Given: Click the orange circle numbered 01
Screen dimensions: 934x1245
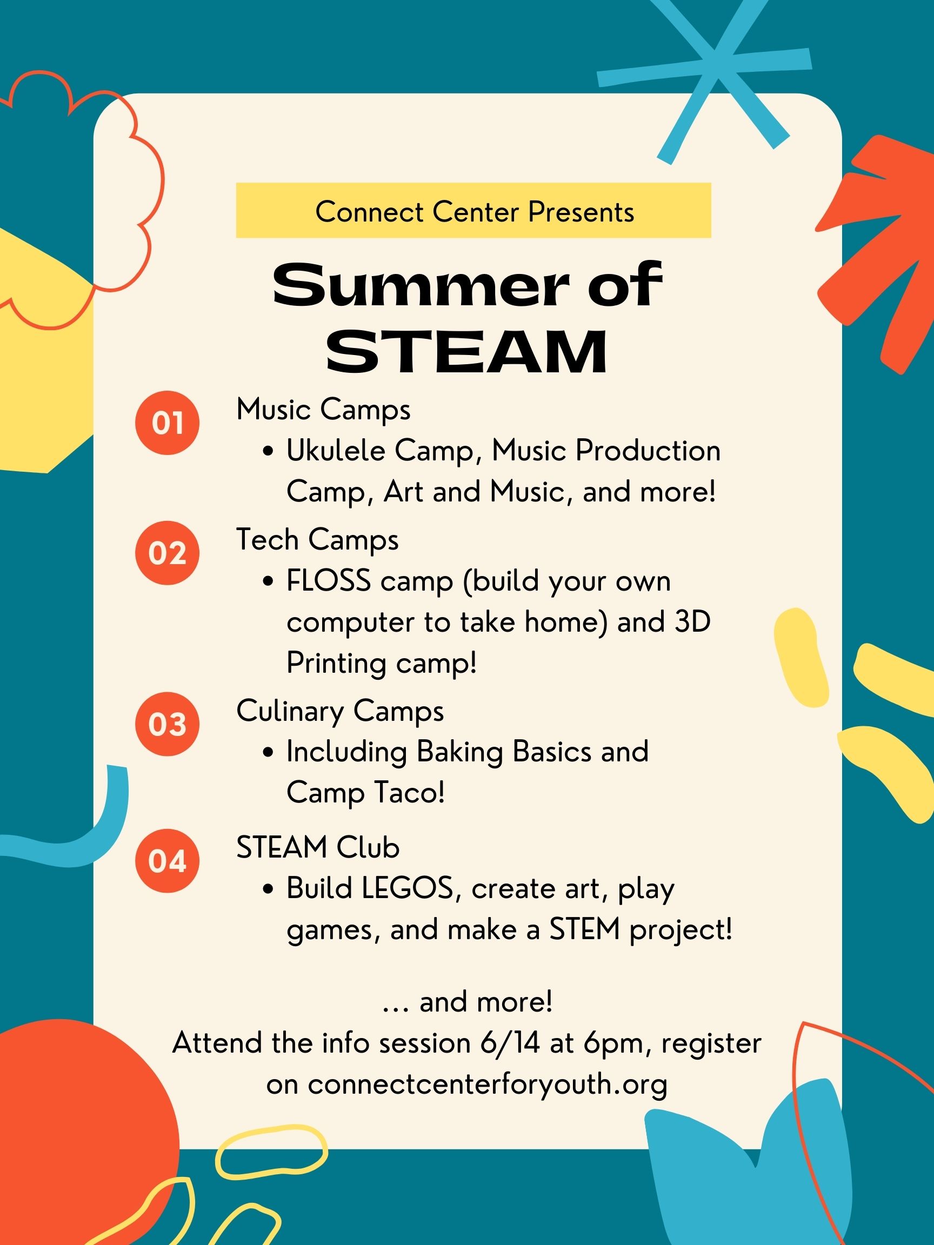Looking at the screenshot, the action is point(167,423).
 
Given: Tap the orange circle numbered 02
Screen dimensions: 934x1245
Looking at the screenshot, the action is point(167,553).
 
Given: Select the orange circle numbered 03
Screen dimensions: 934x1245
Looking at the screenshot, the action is point(167,724).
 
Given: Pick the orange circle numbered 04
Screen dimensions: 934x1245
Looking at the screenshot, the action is point(167,861).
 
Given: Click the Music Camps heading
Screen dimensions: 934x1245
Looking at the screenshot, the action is point(323,410).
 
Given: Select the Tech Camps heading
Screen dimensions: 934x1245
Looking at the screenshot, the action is point(317,540).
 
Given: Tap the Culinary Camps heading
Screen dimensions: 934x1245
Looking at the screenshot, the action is point(340,712).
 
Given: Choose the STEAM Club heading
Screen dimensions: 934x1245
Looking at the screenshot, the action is point(318,848).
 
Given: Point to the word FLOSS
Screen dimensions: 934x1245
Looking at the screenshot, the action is point(329,581).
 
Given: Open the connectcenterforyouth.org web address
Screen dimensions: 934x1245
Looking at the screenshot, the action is point(488,1084).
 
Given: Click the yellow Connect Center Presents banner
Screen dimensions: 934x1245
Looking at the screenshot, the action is point(473,210).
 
